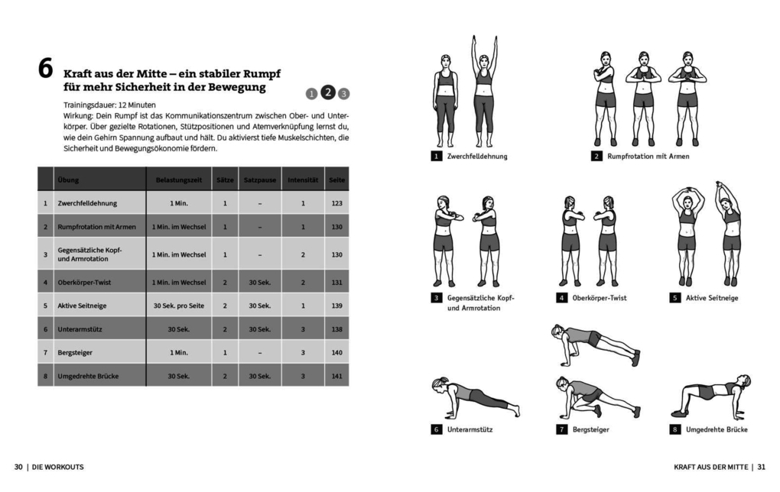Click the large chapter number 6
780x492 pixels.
(46, 70)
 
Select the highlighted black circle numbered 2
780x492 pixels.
(327, 92)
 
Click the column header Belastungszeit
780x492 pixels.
(178, 180)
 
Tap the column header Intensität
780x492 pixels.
(303, 180)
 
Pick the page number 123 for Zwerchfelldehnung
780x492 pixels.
(336, 203)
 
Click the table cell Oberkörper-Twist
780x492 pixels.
(84, 282)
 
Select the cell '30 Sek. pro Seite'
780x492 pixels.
(178, 306)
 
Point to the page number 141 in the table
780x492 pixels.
(336, 376)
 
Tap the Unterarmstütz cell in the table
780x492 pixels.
(80, 329)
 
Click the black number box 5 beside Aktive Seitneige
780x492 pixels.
(675, 298)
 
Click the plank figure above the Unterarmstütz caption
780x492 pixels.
(474, 397)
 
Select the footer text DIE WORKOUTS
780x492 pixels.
(58, 467)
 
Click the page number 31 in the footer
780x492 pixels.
(762, 467)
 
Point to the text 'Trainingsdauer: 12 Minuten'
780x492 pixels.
(109, 104)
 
